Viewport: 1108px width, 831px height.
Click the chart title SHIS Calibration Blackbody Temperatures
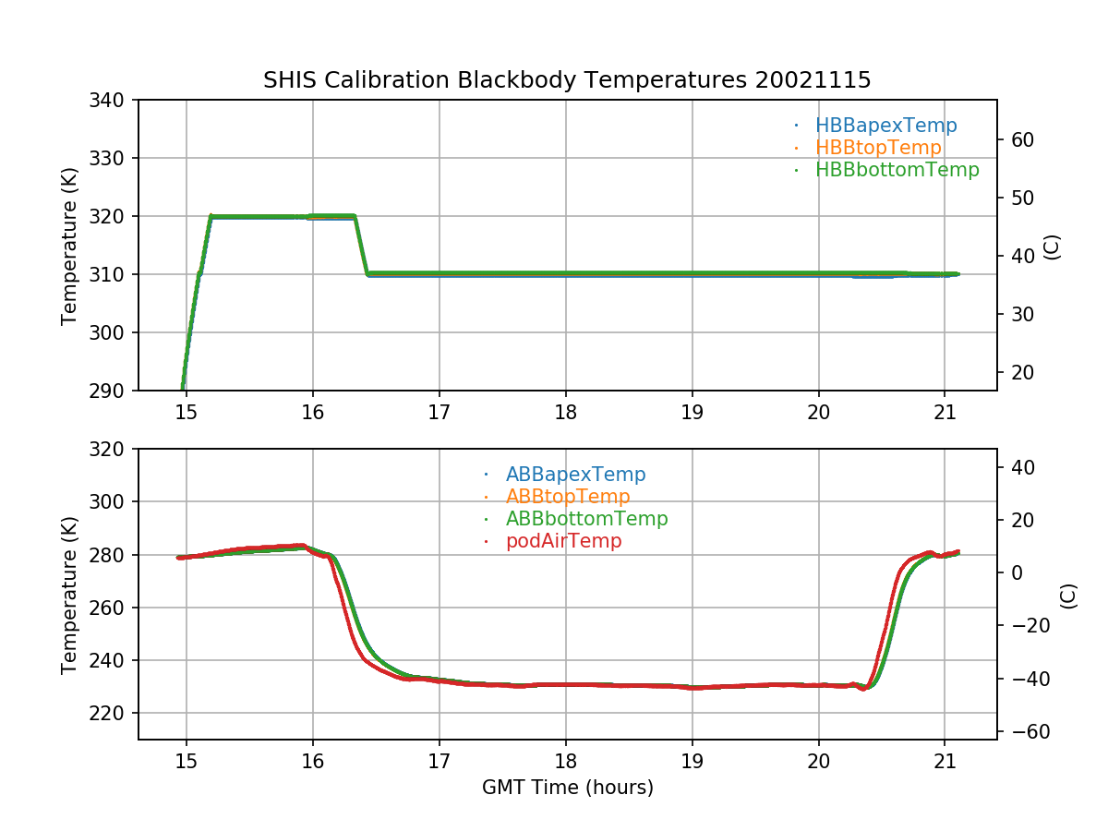567,80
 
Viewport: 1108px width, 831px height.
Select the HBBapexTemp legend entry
885,126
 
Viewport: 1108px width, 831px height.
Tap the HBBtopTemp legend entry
878,148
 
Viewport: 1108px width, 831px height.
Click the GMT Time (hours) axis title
567,788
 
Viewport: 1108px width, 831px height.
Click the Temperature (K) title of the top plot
69,246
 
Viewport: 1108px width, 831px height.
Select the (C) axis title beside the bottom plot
1068,595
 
